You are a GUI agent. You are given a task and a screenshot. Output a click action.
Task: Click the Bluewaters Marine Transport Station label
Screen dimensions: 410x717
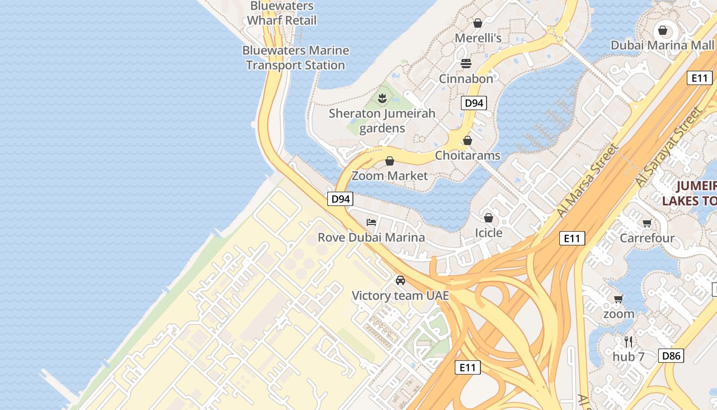pyautogui.click(x=296, y=58)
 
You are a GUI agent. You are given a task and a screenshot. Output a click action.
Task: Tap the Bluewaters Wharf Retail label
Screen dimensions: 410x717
pyautogui.click(x=282, y=13)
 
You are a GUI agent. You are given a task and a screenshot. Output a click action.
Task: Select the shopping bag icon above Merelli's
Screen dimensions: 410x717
pyautogui.click(x=477, y=23)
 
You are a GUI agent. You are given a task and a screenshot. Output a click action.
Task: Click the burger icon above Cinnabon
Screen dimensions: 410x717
pyautogui.click(x=466, y=63)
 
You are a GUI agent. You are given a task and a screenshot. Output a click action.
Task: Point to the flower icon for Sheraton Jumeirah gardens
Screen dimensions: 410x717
pyautogui.click(x=382, y=97)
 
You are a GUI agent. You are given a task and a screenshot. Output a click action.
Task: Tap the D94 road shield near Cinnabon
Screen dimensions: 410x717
pyautogui.click(x=473, y=103)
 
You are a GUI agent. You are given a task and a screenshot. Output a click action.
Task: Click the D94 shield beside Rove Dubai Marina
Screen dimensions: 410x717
pyautogui.click(x=341, y=199)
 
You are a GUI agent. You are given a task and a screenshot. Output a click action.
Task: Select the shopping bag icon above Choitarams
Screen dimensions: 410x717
pyautogui.click(x=467, y=140)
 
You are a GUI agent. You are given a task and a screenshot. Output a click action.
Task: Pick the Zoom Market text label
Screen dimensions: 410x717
pyautogui.click(x=389, y=176)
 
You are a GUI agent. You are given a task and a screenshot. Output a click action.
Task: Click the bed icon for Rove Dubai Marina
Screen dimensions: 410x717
pyautogui.click(x=371, y=222)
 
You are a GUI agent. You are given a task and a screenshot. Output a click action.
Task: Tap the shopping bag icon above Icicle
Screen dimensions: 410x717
pyautogui.click(x=489, y=218)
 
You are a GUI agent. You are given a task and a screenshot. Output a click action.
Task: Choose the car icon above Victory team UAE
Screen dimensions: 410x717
pyautogui.click(x=400, y=280)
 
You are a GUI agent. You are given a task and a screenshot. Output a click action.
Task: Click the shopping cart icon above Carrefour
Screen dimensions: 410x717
pyautogui.click(x=647, y=223)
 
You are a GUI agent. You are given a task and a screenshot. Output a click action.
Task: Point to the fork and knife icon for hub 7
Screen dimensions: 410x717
pyautogui.click(x=628, y=341)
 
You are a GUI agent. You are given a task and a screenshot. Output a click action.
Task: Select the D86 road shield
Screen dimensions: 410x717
pyautogui.click(x=671, y=356)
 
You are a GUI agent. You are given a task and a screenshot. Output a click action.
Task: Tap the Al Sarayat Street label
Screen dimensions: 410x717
pyautogui.click(x=668, y=147)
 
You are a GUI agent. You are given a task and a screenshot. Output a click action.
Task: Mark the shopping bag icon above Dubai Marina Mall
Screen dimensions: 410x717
pyautogui.click(x=662, y=30)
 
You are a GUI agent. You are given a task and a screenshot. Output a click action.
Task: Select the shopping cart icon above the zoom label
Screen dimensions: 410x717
pyautogui.click(x=618, y=299)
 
